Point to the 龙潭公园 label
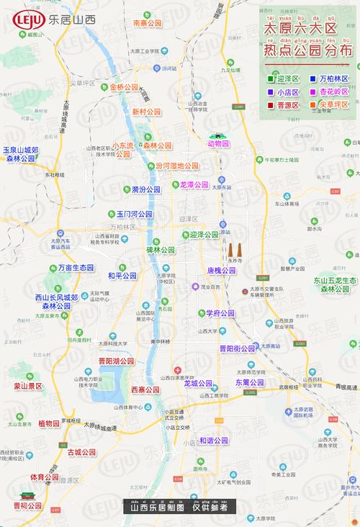[194, 185]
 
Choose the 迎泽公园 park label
[200, 235]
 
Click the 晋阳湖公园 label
[116, 361]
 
